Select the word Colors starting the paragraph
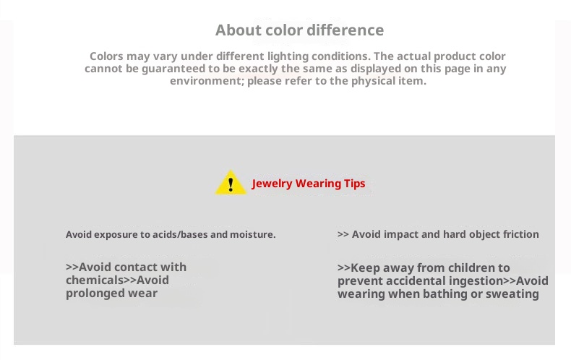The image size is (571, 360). tap(106, 56)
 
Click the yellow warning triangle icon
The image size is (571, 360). tap(231, 182)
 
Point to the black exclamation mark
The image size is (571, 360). tap(231, 184)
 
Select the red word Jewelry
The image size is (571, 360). tap(272, 184)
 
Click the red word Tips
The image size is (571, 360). tap(354, 184)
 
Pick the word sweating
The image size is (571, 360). tap(512, 294)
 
